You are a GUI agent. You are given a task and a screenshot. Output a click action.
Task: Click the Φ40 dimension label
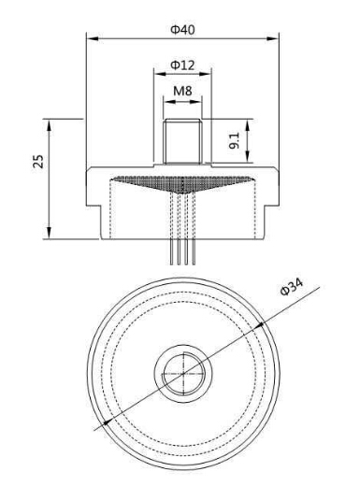point(182,29)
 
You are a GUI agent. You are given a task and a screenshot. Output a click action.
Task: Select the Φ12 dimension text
point(182,64)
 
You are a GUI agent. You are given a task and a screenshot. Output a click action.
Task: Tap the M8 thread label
point(182,91)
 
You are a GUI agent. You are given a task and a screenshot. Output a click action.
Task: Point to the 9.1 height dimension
point(235,140)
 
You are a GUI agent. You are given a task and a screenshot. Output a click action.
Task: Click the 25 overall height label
point(38,162)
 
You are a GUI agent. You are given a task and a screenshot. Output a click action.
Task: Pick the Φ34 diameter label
point(292,287)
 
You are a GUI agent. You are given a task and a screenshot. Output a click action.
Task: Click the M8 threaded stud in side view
point(182,141)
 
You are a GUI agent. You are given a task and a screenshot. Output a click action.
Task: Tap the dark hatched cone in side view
point(182,184)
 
